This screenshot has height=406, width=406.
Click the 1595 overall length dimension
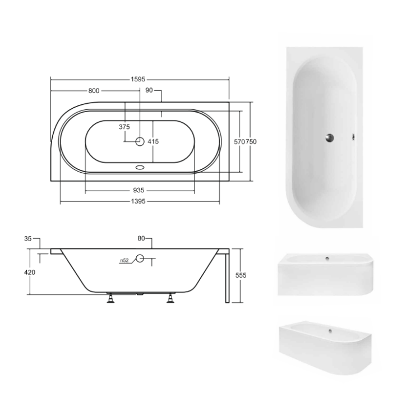140,80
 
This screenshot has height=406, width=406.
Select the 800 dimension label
94,91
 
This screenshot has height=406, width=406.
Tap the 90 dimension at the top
149,91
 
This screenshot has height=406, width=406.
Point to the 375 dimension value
124,127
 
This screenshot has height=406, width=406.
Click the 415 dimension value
153,142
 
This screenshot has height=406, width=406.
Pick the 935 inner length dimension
140,190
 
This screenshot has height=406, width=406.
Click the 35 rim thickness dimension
27,239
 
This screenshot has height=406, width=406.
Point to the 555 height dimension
241,275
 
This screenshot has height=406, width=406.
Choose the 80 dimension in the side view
142,239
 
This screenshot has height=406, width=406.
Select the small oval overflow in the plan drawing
140,167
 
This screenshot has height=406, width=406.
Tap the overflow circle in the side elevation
140,259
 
